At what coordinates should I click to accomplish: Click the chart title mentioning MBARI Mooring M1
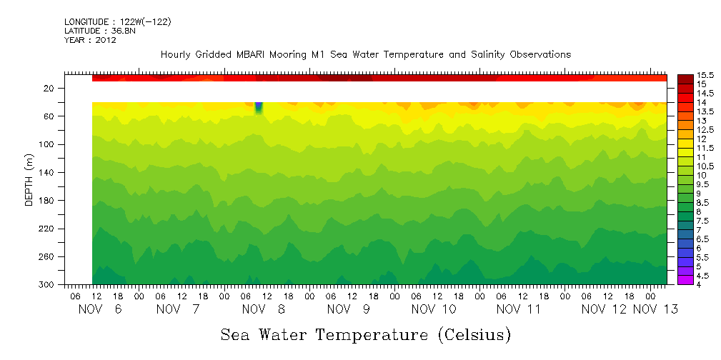click(x=366, y=55)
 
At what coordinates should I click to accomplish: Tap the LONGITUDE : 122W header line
click(x=117, y=22)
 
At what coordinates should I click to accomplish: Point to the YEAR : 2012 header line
click(x=90, y=40)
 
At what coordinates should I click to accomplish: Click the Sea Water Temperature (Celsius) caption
click(x=366, y=334)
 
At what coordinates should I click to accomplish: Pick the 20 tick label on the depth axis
click(x=49, y=88)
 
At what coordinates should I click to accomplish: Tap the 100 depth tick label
click(x=47, y=144)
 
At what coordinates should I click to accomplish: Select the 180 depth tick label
click(x=47, y=200)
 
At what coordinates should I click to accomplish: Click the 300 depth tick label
click(x=47, y=284)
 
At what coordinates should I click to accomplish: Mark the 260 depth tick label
click(x=47, y=256)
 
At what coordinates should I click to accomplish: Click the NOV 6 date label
click(x=96, y=309)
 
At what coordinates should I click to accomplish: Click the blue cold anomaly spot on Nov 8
click(x=259, y=108)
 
